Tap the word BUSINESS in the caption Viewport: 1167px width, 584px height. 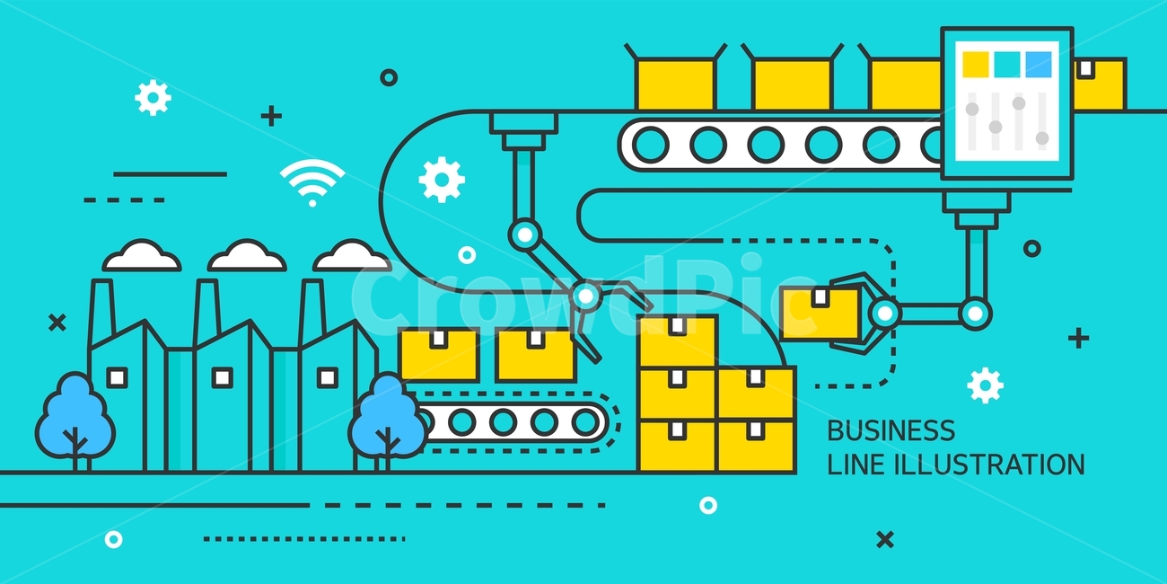point(891,430)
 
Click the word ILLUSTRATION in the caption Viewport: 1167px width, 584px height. point(990,465)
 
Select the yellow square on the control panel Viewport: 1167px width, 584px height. point(975,64)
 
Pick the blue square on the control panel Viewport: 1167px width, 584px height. point(1039,64)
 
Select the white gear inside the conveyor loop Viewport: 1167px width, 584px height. point(442,180)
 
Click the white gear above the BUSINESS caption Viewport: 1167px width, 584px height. point(985,385)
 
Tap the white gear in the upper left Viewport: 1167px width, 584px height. point(153,98)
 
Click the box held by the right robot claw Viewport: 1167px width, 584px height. point(820,314)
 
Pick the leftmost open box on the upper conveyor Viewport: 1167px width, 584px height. point(675,77)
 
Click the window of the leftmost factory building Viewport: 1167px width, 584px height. point(117,377)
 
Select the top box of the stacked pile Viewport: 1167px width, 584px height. point(678,341)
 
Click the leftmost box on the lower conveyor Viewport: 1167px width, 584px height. point(439,355)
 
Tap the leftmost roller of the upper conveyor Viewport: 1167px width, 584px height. point(651,145)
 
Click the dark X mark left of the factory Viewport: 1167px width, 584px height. point(57,323)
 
